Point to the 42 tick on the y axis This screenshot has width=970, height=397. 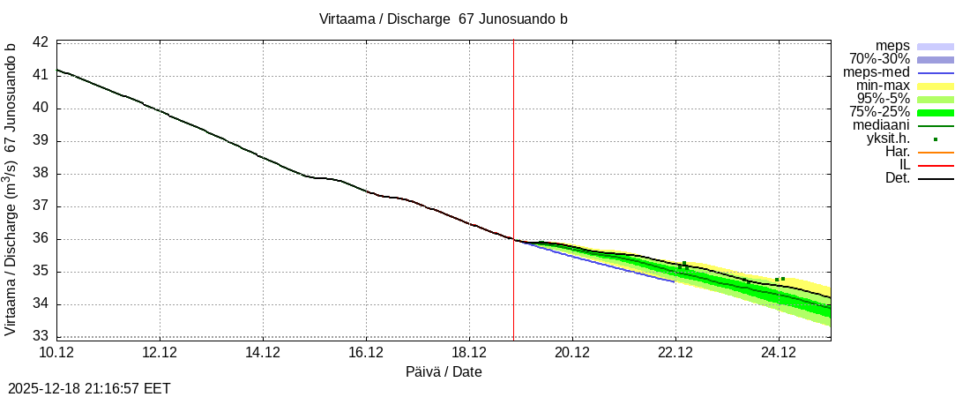[41, 42]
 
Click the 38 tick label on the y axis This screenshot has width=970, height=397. [41, 174]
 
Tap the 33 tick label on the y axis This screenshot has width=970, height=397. [41, 336]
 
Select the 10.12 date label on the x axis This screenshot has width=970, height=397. [56, 353]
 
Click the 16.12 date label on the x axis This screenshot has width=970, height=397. [366, 353]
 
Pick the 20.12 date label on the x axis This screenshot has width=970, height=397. [572, 353]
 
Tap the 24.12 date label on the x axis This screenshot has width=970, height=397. [779, 353]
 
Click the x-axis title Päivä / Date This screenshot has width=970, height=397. [444, 372]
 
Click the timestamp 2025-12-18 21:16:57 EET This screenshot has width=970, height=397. [89, 388]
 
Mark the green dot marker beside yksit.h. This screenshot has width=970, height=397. [936, 139]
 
